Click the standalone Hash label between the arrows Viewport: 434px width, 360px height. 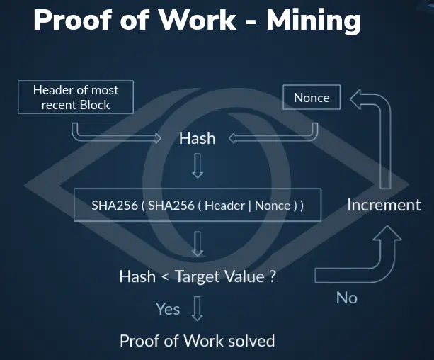(x=198, y=138)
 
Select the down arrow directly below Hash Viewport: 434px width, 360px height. (x=198, y=165)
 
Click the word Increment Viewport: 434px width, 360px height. (x=384, y=205)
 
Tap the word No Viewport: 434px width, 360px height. (x=346, y=298)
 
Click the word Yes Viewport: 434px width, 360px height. (x=168, y=309)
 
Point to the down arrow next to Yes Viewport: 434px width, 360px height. (x=197, y=308)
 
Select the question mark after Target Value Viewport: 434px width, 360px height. (x=273, y=276)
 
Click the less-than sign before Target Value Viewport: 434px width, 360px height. (x=165, y=276)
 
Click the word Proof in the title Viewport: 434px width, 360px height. (x=72, y=21)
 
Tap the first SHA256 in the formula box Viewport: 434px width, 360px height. (x=115, y=206)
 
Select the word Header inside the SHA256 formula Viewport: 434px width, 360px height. (x=224, y=206)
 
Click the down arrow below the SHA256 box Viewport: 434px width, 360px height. (x=198, y=244)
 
